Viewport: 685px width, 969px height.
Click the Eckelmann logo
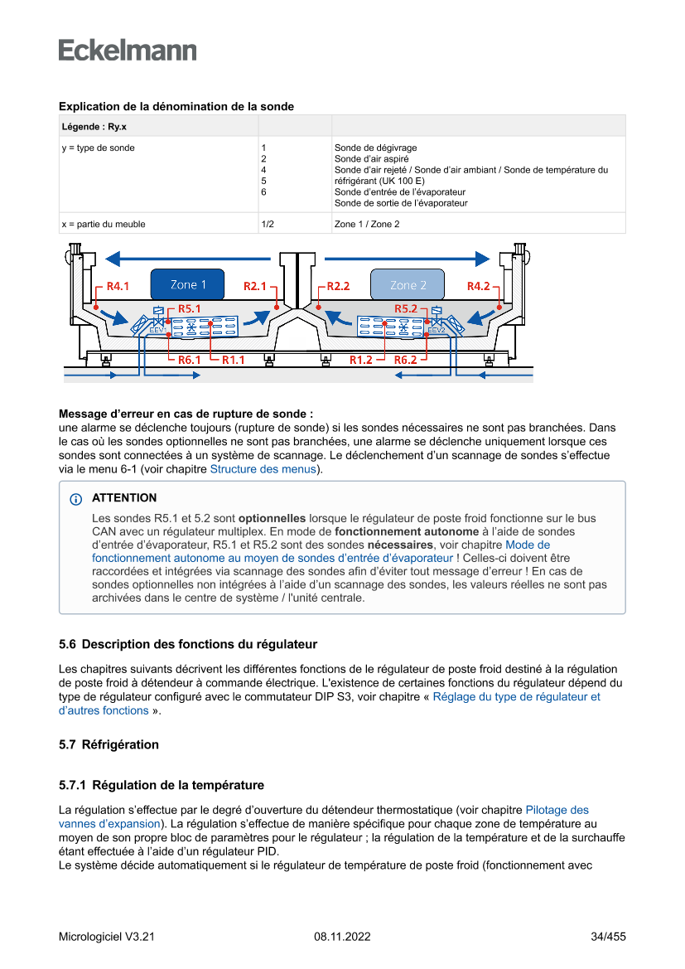tap(128, 50)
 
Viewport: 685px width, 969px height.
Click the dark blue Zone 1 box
tap(189, 284)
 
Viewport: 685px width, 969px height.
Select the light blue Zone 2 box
tap(408, 284)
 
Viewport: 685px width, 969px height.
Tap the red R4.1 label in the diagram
tap(118, 286)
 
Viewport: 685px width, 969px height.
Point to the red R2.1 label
tap(255, 286)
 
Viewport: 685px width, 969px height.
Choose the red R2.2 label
tap(338, 286)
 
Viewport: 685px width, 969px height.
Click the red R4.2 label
tap(479, 286)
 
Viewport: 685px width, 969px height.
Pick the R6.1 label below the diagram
tap(191, 360)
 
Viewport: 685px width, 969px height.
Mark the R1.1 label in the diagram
tap(233, 360)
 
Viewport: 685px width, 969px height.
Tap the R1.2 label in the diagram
tap(360, 360)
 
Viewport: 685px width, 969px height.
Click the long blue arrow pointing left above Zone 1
tap(191, 256)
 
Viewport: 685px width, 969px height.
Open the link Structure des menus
tap(263, 469)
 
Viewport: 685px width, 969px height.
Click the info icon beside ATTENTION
tap(76, 499)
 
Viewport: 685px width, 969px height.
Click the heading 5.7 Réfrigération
tap(109, 744)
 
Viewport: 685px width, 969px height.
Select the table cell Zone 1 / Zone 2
tap(367, 224)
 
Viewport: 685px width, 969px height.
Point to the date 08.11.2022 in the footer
tap(342, 937)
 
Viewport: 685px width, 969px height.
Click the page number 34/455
tap(608, 937)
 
